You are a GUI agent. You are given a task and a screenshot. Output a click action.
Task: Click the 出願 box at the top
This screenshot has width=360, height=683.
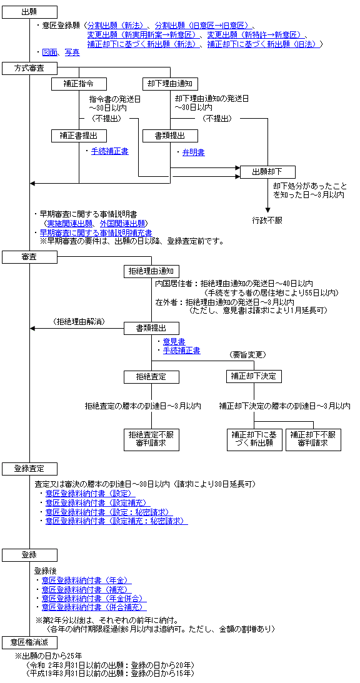[x=29, y=12]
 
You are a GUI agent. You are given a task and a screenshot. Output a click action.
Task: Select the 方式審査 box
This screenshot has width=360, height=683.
[x=29, y=68]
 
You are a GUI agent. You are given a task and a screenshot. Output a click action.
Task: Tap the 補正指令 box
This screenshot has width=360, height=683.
[x=79, y=82]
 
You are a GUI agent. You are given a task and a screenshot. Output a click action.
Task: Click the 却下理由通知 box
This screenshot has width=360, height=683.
[x=170, y=82]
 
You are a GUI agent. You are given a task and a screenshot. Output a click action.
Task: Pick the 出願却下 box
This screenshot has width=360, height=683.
[x=267, y=172]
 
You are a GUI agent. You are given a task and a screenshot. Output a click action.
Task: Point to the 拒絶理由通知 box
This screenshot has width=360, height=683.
[x=151, y=271]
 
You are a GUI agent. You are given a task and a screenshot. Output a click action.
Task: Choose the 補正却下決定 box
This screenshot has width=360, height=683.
[x=254, y=376]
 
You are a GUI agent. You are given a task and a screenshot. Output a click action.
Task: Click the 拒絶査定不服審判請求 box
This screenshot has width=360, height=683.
[x=151, y=439]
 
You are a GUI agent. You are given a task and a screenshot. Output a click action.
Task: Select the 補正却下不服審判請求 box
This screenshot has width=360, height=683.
[x=313, y=439]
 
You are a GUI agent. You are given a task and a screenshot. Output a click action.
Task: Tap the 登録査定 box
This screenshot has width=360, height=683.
[x=29, y=469]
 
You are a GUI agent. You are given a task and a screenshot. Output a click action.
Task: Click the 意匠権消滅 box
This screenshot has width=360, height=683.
[x=29, y=642]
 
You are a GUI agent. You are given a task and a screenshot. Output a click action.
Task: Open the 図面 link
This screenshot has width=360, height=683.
[x=50, y=52]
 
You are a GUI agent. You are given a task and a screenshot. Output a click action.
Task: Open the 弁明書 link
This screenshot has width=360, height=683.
[x=194, y=152]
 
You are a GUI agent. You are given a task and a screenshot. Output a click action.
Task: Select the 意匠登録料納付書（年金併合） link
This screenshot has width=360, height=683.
[x=94, y=599]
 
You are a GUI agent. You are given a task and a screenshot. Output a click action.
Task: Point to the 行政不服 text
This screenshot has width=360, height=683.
[x=267, y=220]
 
